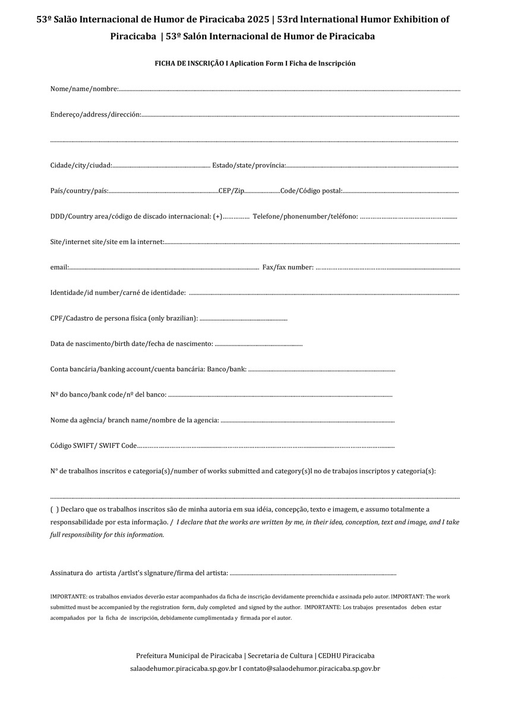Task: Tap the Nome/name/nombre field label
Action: click(84, 89)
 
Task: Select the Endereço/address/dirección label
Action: click(96, 114)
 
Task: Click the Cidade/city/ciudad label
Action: click(81, 165)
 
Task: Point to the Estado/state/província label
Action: click(249, 165)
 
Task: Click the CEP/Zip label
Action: click(231, 191)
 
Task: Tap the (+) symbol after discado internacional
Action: click(217, 216)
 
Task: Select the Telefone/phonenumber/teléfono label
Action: click(305, 216)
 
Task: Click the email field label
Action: click(59, 268)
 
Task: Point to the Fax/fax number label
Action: click(288, 268)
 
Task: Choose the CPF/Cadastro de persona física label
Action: click(124, 319)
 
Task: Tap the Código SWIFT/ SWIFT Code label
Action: click(94, 445)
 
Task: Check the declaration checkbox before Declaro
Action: click(54, 509)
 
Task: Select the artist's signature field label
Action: click(139, 573)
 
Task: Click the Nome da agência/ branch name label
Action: click(135, 421)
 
